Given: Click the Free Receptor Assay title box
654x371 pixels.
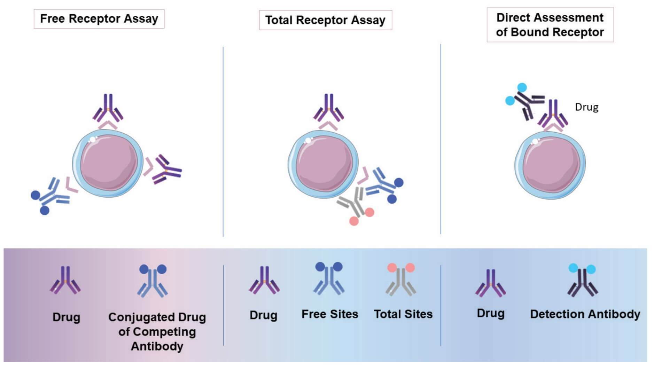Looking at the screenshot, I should pyautogui.click(x=99, y=19).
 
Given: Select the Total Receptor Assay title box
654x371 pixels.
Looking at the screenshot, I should pyautogui.click(x=325, y=20).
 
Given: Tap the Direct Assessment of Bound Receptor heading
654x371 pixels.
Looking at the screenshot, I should pyautogui.click(x=550, y=25).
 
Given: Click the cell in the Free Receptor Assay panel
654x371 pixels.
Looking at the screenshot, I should pyautogui.click(x=108, y=163).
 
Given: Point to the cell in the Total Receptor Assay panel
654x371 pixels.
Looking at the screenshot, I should pyautogui.click(x=323, y=164).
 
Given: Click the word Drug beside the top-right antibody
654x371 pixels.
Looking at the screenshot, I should pyautogui.click(x=586, y=107).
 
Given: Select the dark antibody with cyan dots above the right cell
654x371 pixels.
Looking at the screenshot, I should pyautogui.click(x=525, y=101).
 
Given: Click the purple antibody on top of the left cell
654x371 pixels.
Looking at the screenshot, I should pyautogui.click(x=108, y=108).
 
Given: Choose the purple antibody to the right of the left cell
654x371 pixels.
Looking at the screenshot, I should pyautogui.click(x=167, y=170).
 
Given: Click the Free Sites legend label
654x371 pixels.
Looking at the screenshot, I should pyautogui.click(x=329, y=314).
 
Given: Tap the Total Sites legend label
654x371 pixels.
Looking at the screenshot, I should pyautogui.click(x=403, y=314).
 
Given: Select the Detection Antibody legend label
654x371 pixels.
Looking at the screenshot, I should pyautogui.click(x=585, y=314).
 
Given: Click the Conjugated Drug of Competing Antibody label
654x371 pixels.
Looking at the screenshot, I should pyautogui.click(x=157, y=331).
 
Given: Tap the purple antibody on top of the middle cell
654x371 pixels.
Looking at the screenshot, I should pyautogui.click(x=329, y=108).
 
